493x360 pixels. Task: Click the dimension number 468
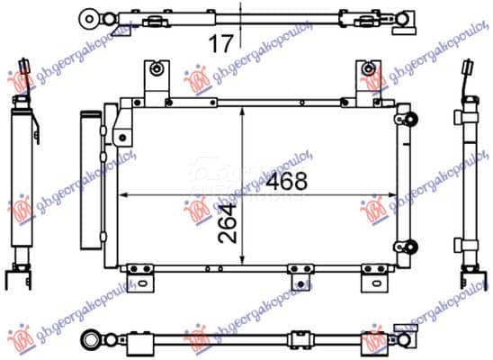pos(287,182)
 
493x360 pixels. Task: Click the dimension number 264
pos(228,223)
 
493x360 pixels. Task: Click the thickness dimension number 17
pos(221,44)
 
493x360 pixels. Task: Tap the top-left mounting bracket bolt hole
pos(156,68)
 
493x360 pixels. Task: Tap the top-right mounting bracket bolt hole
pos(368,68)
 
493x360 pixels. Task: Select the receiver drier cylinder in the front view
pos(91,180)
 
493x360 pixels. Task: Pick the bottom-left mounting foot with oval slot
pos(140,278)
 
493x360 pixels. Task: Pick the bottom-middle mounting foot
pos(300,277)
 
